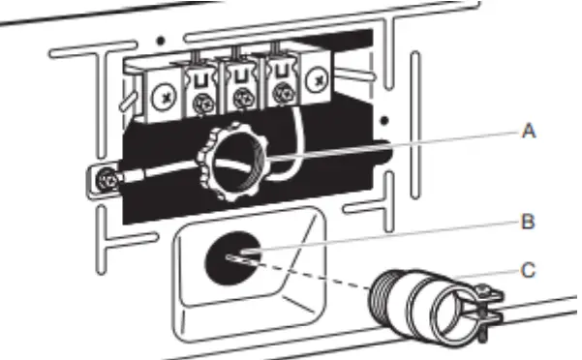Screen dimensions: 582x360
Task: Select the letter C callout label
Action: pyautogui.click(x=528, y=270)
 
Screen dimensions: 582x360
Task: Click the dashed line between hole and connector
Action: pyautogui.click(x=310, y=275)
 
